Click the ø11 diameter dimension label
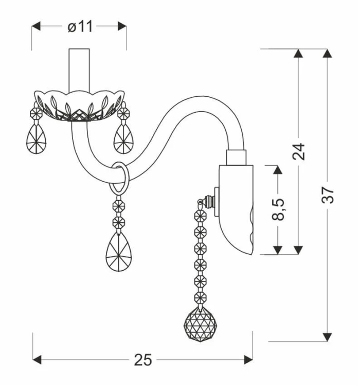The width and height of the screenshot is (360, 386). pos(80,27)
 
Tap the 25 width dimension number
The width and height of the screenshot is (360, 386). pos(143,360)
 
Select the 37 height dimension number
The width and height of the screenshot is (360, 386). pos(328,195)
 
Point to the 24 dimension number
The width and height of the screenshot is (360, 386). pos(299,151)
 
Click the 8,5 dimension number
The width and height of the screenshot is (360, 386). pos(278,209)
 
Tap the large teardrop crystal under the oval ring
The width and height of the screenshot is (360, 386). pos(119,251)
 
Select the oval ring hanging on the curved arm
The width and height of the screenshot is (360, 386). pos(119,178)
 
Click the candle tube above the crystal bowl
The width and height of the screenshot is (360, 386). pos(79,70)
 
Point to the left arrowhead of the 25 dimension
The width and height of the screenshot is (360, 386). pos(37,360)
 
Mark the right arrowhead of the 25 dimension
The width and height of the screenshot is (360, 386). pos(248,360)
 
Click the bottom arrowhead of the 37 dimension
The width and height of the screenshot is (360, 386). pos(327,337)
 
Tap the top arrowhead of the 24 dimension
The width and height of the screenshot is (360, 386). pos(298,54)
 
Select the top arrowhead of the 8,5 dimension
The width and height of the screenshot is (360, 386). pos(278,170)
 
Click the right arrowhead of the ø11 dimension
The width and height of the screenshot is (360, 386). pos(122,26)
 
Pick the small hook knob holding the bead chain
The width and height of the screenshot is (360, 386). pos(208,202)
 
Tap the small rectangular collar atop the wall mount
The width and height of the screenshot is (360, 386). pos(236,157)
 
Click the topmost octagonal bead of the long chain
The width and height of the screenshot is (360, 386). pos(201,216)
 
